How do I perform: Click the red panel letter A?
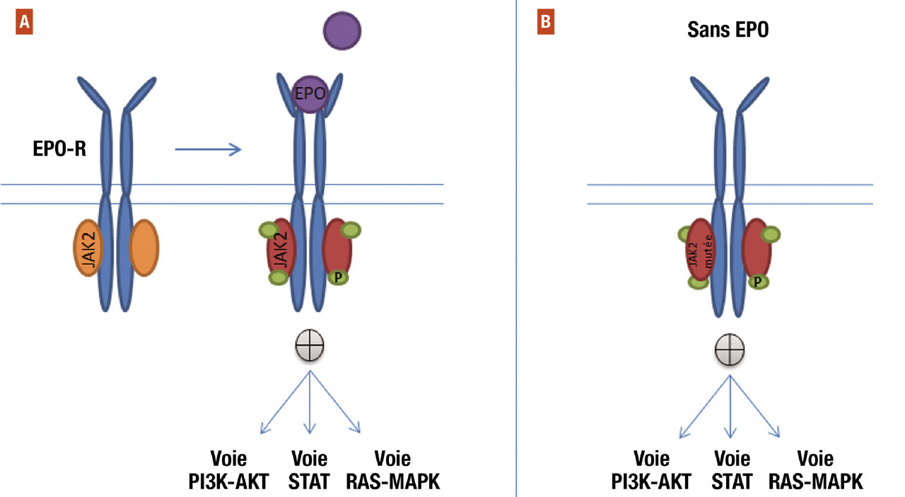point(25,23)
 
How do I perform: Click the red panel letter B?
point(545,23)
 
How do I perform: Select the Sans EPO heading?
point(728,31)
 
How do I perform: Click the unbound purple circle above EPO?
point(342,30)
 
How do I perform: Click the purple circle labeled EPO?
point(310,94)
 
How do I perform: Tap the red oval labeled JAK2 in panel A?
point(281,249)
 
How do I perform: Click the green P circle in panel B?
point(757,282)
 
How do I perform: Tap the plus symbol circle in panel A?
point(310,348)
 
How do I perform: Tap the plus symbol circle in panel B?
point(729,350)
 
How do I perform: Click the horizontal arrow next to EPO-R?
point(208,149)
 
